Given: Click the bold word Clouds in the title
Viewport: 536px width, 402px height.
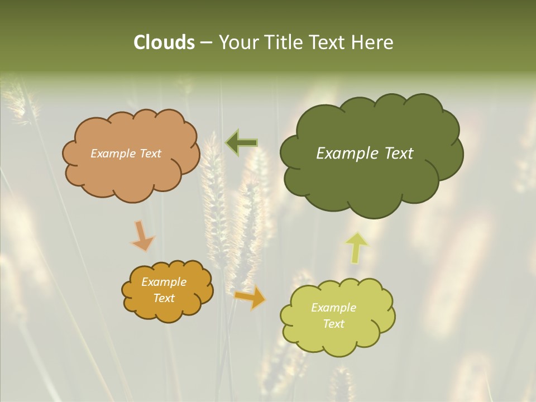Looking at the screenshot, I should (x=164, y=42).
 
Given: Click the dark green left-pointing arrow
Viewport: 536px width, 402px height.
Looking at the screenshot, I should (x=241, y=142).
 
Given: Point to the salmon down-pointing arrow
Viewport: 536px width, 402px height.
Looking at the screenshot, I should (x=142, y=236).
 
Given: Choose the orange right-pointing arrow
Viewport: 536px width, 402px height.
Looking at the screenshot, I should (x=250, y=297).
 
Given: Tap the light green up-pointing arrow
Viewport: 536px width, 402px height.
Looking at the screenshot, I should (x=357, y=247).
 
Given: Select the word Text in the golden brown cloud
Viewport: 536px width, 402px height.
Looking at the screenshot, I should (x=164, y=298).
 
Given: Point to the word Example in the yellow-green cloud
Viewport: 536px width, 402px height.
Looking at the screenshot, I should (x=333, y=308).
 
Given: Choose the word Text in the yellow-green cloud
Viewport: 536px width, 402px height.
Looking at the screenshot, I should (x=333, y=324).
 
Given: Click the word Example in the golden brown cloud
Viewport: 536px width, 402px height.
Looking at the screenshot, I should (x=164, y=282).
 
